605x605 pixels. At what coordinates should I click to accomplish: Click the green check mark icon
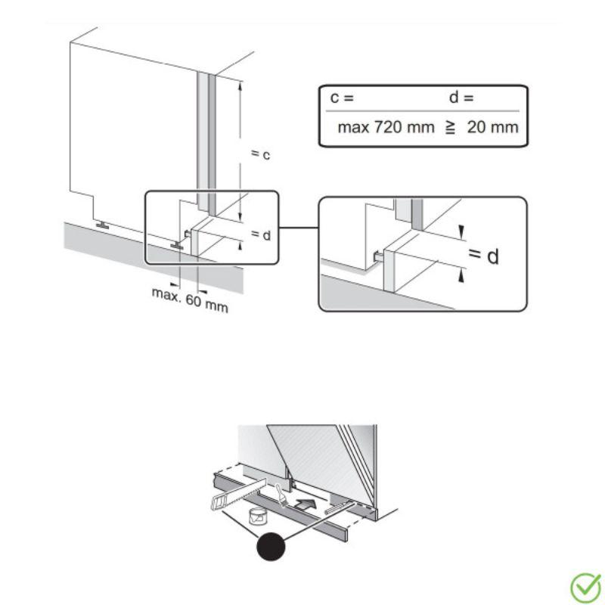(585, 588)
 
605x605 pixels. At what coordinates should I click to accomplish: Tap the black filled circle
(271, 546)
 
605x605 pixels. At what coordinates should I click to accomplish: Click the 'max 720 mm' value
(386, 127)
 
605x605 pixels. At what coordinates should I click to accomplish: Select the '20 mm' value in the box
(492, 127)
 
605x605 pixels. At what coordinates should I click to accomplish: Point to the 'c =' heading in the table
(342, 98)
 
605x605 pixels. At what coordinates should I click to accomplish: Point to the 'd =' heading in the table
(461, 98)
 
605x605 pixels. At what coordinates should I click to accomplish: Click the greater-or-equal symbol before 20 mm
(450, 128)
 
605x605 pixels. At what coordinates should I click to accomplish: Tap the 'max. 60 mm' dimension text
(190, 299)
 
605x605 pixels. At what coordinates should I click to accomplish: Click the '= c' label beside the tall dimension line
(260, 154)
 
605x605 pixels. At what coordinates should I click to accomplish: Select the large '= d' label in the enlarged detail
(483, 256)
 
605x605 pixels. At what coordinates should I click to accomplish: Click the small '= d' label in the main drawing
(261, 234)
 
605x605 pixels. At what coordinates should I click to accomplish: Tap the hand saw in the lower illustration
(238, 494)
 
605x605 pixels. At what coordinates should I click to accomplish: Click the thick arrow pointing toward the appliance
(306, 504)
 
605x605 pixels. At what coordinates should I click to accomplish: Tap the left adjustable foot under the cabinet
(102, 225)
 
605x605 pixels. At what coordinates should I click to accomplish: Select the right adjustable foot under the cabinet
(177, 244)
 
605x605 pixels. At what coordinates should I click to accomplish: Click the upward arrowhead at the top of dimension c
(240, 85)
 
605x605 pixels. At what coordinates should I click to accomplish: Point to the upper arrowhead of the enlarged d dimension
(461, 233)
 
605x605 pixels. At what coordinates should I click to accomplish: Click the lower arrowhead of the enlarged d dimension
(461, 276)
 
